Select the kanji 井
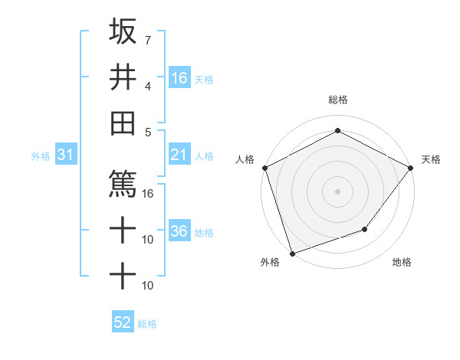coord(123,77)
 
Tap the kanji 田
coord(123,123)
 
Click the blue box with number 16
coord(179,78)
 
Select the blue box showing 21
coord(179,155)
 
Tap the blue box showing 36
coord(179,231)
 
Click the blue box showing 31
coord(65,155)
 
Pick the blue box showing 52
coord(123,322)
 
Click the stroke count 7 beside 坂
coord(147,39)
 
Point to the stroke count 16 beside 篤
coord(149,193)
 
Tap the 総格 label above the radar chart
coord(337,100)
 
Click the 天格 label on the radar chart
coord(431,159)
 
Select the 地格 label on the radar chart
coord(402,263)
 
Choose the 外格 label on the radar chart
coord(270,263)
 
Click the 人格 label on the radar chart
coord(245,159)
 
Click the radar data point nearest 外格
coord(292,253)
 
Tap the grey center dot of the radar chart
coord(337,191)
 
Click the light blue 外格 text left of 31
coord(41,156)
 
